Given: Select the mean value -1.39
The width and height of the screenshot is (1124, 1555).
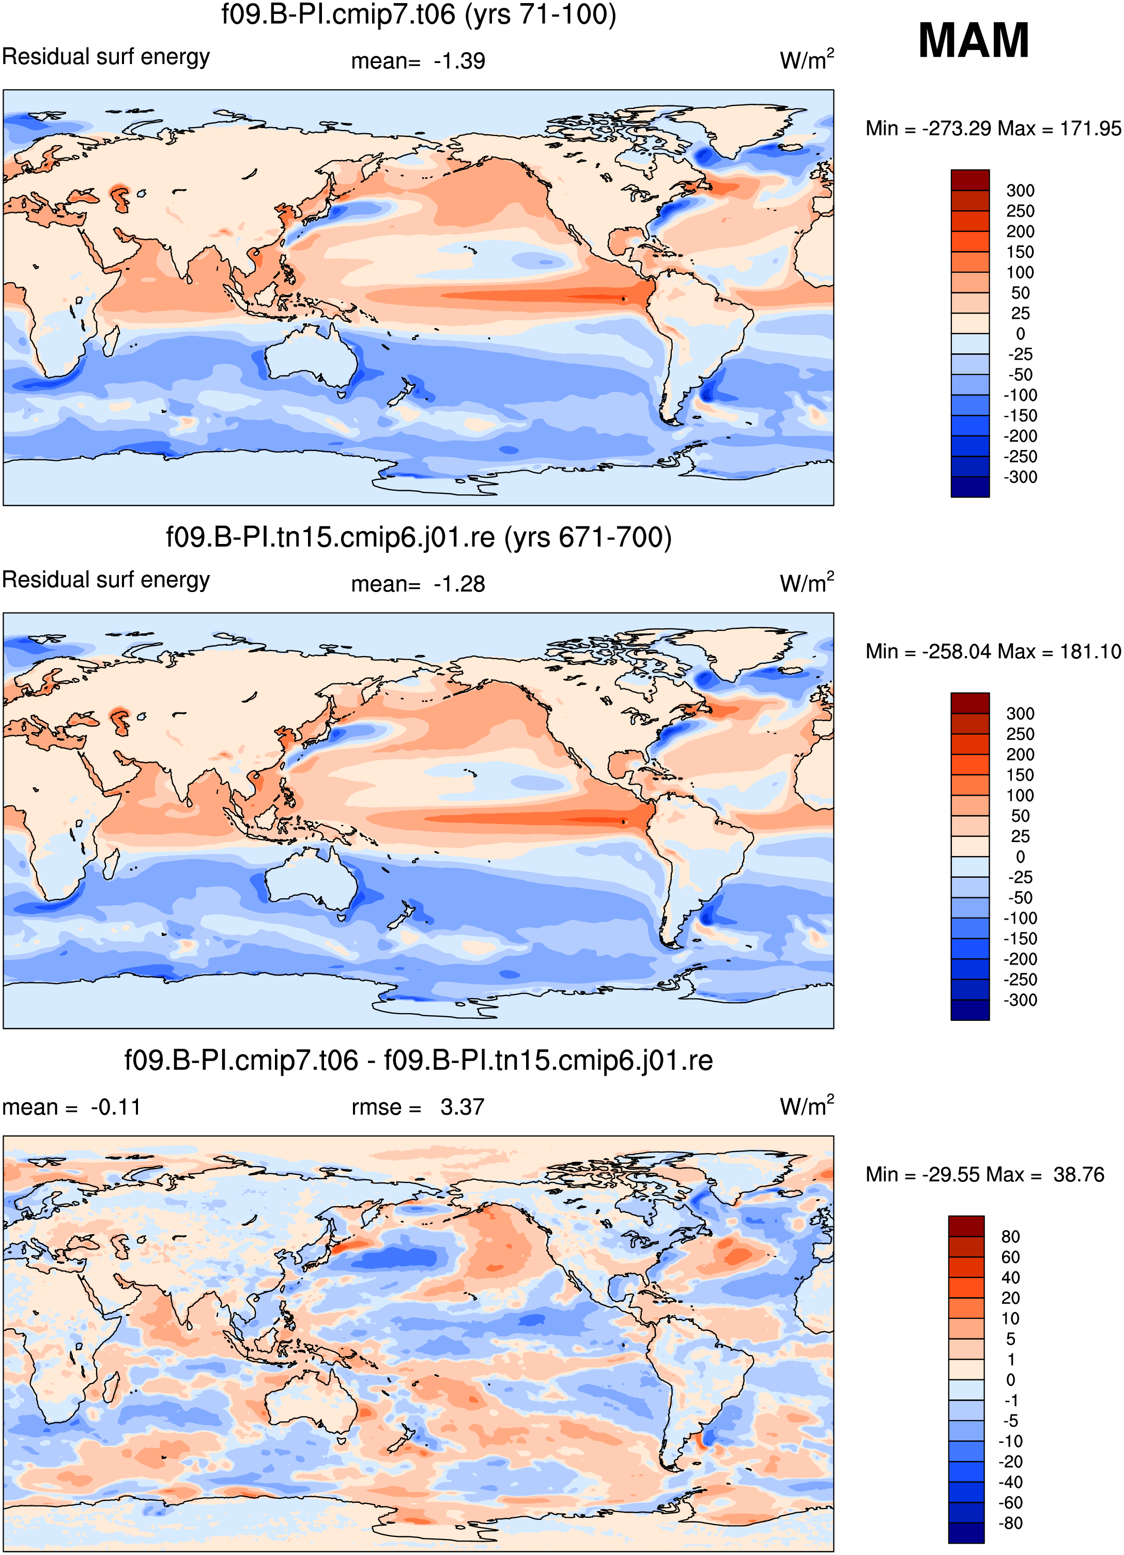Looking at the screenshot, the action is coord(459,61).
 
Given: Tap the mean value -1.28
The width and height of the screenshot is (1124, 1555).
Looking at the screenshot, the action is coord(459,584).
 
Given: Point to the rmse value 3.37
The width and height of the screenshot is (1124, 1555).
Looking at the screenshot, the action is coord(462,1107).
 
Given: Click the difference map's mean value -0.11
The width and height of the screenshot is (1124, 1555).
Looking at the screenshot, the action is coord(115,1107).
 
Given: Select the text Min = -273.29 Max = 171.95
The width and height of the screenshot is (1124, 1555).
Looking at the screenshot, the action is coord(993,128).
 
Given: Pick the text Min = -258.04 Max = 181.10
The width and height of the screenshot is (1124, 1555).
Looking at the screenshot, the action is coord(993,651).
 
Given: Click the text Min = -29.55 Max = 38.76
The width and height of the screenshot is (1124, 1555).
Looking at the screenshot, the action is coord(985,1174).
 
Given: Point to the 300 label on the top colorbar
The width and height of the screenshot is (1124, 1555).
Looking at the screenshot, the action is coord(1021,191).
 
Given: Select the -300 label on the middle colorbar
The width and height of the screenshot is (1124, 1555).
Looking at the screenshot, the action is coord(1021,1000).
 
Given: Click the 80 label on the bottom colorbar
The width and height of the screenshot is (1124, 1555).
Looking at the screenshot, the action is coord(1010,1236).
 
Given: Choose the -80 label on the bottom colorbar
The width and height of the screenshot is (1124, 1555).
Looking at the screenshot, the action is coord(1010,1523).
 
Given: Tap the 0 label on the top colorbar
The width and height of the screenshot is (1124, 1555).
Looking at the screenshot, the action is coord(1021,334).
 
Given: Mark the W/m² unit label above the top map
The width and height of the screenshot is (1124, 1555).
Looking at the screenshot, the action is coord(807,59).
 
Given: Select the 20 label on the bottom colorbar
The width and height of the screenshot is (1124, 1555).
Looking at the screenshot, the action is coord(1010,1298).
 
